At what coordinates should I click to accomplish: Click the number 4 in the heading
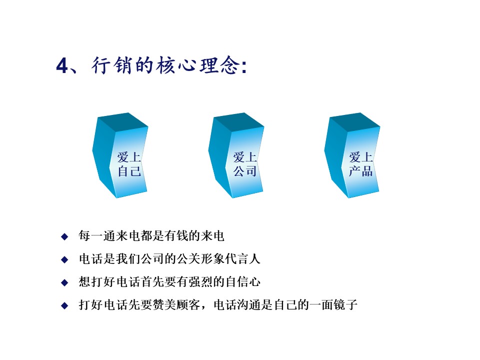[62, 65]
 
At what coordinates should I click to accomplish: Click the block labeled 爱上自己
[120, 155]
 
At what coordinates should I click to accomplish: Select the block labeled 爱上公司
[236, 155]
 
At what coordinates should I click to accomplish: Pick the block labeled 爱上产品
[352, 155]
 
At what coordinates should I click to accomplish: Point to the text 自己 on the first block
[129, 171]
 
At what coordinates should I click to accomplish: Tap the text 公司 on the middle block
[245, 171]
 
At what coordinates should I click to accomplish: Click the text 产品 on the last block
[361, 171]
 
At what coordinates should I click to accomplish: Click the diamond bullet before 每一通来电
[64, 236]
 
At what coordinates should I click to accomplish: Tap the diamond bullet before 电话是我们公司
[64, 259]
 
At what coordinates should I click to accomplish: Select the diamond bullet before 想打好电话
[64, 282]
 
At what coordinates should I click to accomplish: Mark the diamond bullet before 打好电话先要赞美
[64, 305]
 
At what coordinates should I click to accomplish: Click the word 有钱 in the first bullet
[176, 235]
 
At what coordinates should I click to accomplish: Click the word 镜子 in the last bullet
[345, 304]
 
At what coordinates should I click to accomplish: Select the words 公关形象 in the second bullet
[200, 258]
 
